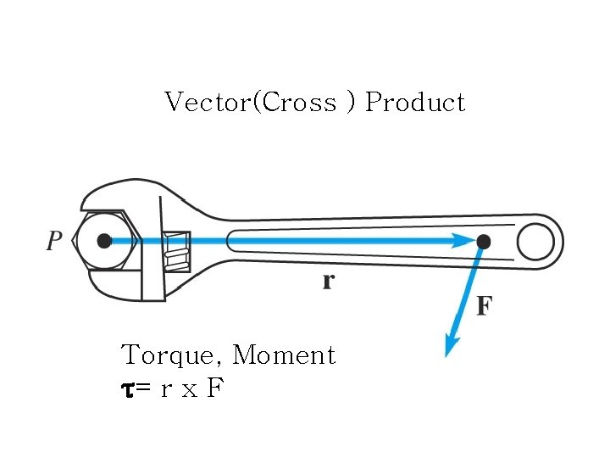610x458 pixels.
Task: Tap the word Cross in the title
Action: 300,103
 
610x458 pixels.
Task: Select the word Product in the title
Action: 415,103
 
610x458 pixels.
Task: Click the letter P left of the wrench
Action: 54,242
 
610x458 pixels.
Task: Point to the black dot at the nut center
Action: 104,241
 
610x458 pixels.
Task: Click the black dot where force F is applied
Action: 483,242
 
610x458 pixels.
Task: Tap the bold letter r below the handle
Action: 328,282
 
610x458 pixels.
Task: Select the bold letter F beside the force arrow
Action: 484,305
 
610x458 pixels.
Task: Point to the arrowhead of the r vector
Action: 463,241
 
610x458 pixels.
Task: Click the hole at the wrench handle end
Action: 535,242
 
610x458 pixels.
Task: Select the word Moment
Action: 284,355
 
